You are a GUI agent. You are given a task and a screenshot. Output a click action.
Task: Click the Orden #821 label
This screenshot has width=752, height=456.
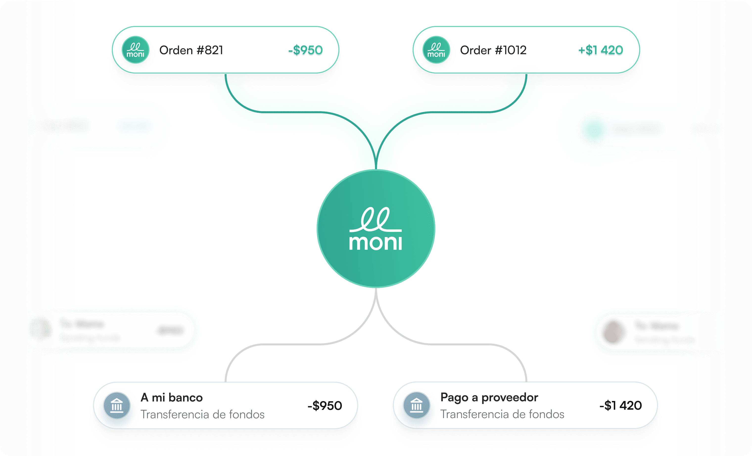pos(191,50)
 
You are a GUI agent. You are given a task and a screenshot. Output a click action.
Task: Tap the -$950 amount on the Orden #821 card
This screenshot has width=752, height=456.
pos(305,50)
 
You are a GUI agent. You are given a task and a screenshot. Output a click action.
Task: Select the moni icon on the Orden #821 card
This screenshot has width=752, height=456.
pos(135,50)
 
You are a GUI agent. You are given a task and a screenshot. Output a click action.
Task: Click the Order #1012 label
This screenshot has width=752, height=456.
pos(493,50)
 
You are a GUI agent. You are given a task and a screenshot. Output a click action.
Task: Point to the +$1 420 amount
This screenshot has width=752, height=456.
pos(600,50)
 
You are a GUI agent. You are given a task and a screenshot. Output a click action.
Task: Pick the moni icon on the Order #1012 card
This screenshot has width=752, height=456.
pos(436,50)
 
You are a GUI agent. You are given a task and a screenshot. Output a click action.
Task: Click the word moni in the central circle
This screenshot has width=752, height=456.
pos(376,243)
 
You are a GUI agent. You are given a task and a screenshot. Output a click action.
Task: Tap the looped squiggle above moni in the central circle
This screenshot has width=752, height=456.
pos(376,219)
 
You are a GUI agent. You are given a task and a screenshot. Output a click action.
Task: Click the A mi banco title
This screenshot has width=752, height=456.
pos(171,398)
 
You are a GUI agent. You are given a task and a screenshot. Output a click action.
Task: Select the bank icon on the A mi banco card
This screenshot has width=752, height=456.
pos(117,405)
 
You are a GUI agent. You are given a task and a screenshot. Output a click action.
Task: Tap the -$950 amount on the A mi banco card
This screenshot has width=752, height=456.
pos(325,405)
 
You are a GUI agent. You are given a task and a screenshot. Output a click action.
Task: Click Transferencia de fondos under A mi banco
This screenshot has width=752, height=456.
pos(202,414)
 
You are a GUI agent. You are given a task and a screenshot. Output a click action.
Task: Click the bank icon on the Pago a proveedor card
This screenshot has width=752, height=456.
pos(416,405)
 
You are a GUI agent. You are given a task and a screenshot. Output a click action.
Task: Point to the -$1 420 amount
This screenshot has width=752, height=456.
pos(620,405)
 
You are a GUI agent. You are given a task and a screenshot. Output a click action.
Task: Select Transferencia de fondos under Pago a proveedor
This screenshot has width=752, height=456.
pos(502,414)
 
